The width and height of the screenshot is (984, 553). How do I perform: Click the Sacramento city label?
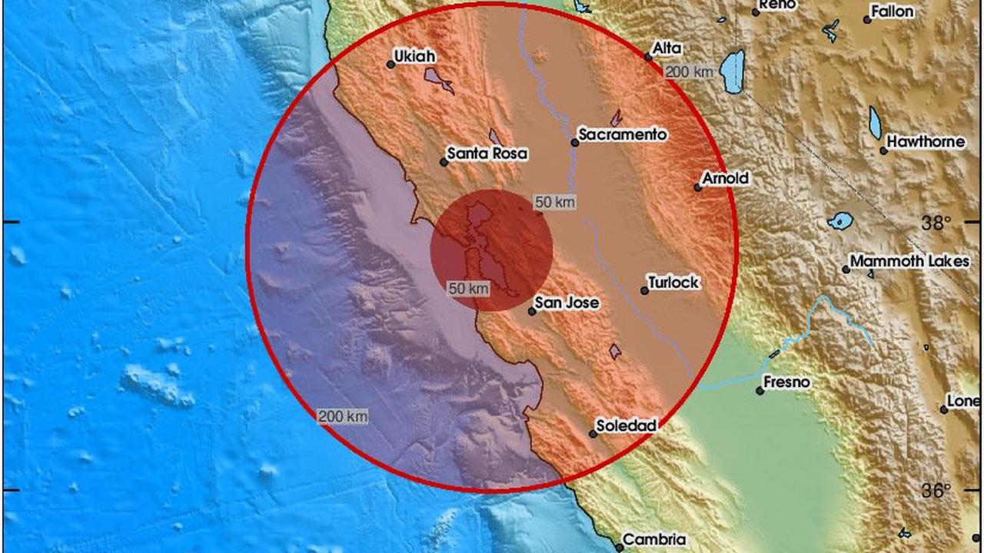coord(622,134)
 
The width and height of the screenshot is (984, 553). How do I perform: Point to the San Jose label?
coord(567,303)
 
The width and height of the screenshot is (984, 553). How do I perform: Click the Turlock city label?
coord(673,283)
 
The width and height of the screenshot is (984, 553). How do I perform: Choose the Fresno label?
coord(786,382)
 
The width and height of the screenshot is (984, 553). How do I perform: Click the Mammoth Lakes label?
coord(909,261)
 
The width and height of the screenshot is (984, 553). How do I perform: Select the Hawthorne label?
coord(926,142)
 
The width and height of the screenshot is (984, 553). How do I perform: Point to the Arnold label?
coord(725,178)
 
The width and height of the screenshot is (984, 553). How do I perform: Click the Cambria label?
coord(654,540)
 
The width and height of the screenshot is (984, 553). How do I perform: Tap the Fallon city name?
coord(893,12)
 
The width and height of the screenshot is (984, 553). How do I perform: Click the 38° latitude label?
coord(936,223)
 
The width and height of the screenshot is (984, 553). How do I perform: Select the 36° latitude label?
coord(936,491)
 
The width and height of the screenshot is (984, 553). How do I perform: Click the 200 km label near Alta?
coord(689,72)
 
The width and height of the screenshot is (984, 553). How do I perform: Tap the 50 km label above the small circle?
coord(554,202)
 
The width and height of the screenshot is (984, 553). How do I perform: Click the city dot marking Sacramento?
coord(574,142)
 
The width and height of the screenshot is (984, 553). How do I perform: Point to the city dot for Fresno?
coord(760,391)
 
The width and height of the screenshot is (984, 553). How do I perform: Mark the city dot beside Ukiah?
coord(391,65)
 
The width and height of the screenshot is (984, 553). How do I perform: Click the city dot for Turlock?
coord(644,290)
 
